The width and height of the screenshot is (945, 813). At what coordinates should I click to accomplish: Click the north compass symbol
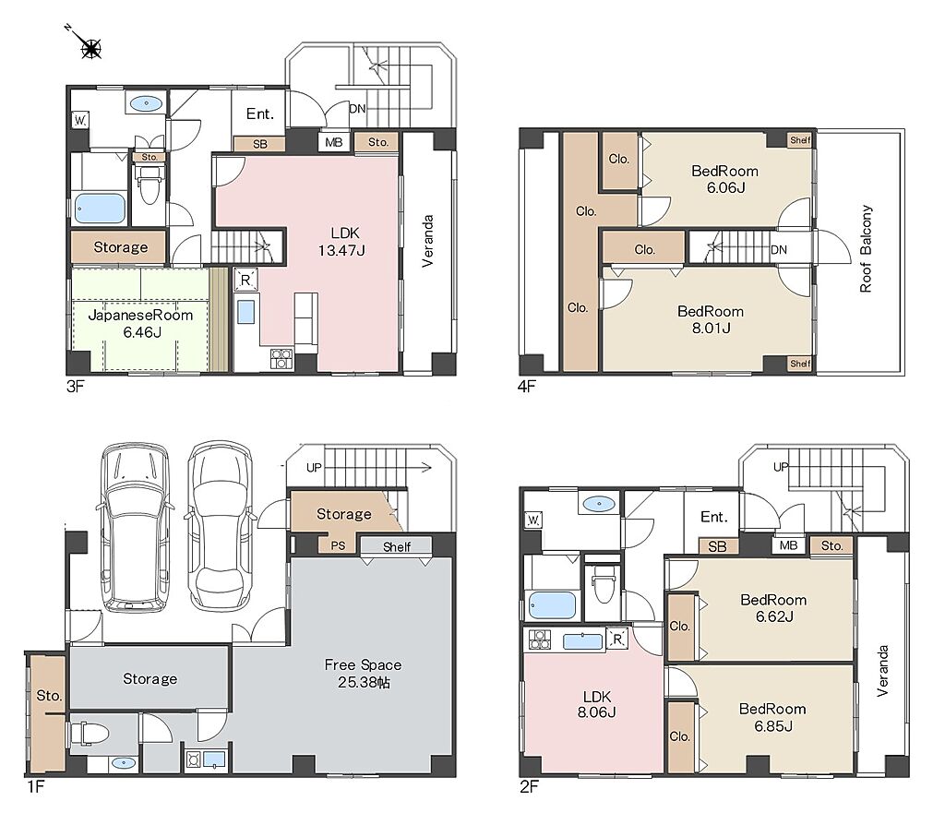pyautogui.click(x=90, y=46)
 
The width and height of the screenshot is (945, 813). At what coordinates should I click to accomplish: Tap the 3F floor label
pyautogui.click(x=75, y=387)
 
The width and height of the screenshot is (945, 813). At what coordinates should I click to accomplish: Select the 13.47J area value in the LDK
pyautogui.click(x=341, y=250)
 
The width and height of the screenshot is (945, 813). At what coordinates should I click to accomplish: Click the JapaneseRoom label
pyautogui.click(x=140, y=316)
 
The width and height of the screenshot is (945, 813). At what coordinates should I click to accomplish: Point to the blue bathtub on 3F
pyautogui.click(x=100, y=209)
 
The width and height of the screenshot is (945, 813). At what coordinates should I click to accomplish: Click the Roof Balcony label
pyautogui.click(x=866, y=249)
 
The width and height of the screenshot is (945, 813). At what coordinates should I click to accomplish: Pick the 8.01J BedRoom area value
pyautogui.click(x=712, y=328)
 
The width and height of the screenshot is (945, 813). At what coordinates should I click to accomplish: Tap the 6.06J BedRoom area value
pyautogui.click(x=725, y=187)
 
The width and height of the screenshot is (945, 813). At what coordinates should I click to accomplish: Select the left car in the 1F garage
pyautogui.click(x=134, y=529)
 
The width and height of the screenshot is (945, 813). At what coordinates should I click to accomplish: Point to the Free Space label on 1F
pyautogui.click(x=363, y=664)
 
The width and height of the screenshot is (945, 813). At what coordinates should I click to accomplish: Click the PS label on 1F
pyautogui.click(x=338, y=546)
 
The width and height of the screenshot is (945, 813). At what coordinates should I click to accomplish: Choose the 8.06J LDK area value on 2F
pyautogui.click(x=596, y=712)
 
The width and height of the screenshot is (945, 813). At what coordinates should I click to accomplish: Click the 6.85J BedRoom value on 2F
pyautogui.click(x=773, y=726)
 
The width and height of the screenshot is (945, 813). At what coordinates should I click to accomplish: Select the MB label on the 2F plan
pyautogui.click(x=788, y=545)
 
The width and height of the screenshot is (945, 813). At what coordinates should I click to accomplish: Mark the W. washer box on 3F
pyautogui.click(x=80, y=121)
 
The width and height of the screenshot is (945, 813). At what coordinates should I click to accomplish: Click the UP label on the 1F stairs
pyautogui.click(x=314, y=468)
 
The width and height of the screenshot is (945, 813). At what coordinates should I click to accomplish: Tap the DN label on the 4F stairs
pyautogui.click(x=779, y=249)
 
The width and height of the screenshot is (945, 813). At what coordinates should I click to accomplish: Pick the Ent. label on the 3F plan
pyautogui.click(x=259, y=114)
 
